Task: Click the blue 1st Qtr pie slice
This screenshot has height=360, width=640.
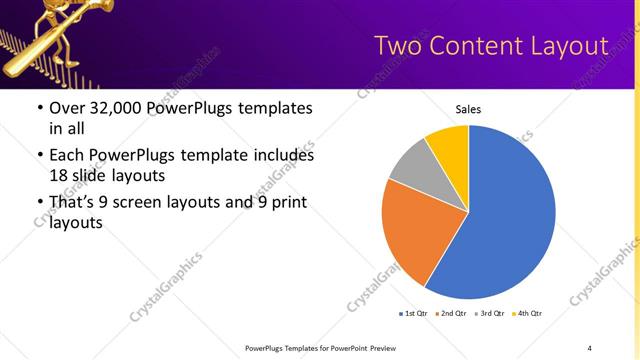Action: [510, 220]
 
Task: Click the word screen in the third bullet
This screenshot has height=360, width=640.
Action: [153, 204]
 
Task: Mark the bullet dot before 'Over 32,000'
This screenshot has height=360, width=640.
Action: [39, 109]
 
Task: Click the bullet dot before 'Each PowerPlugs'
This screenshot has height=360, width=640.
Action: [39, 156]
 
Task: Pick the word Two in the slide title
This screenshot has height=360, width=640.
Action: [398, 46]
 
